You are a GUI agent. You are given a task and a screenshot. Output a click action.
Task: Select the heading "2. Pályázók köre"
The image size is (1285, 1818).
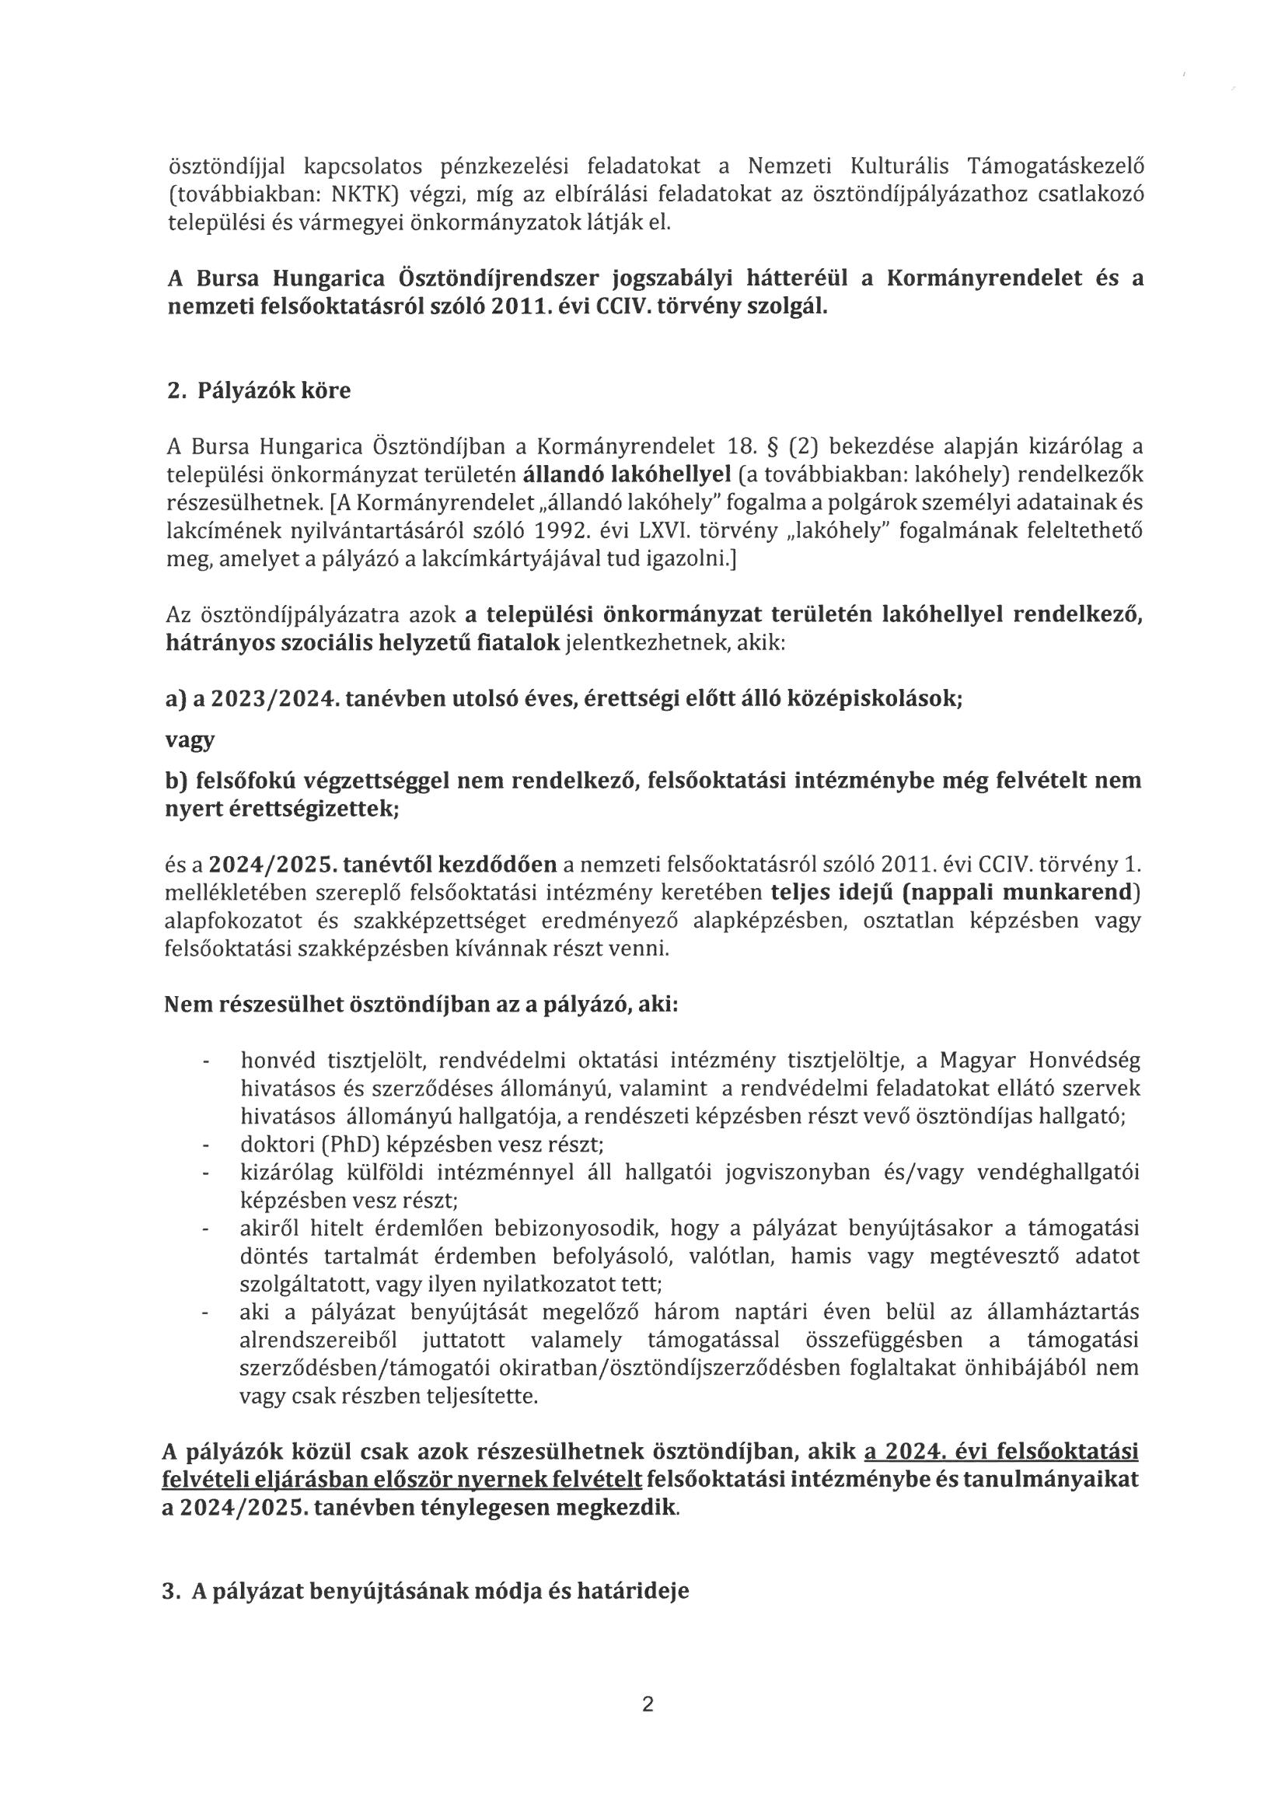pyautogui.click(x=259, y=391)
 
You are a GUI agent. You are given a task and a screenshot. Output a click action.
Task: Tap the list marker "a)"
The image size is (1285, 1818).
pyautogui.click(x=175, y=700)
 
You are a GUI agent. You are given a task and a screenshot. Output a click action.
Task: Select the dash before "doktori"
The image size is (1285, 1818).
pyautogui.click(x=207, y=1145)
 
